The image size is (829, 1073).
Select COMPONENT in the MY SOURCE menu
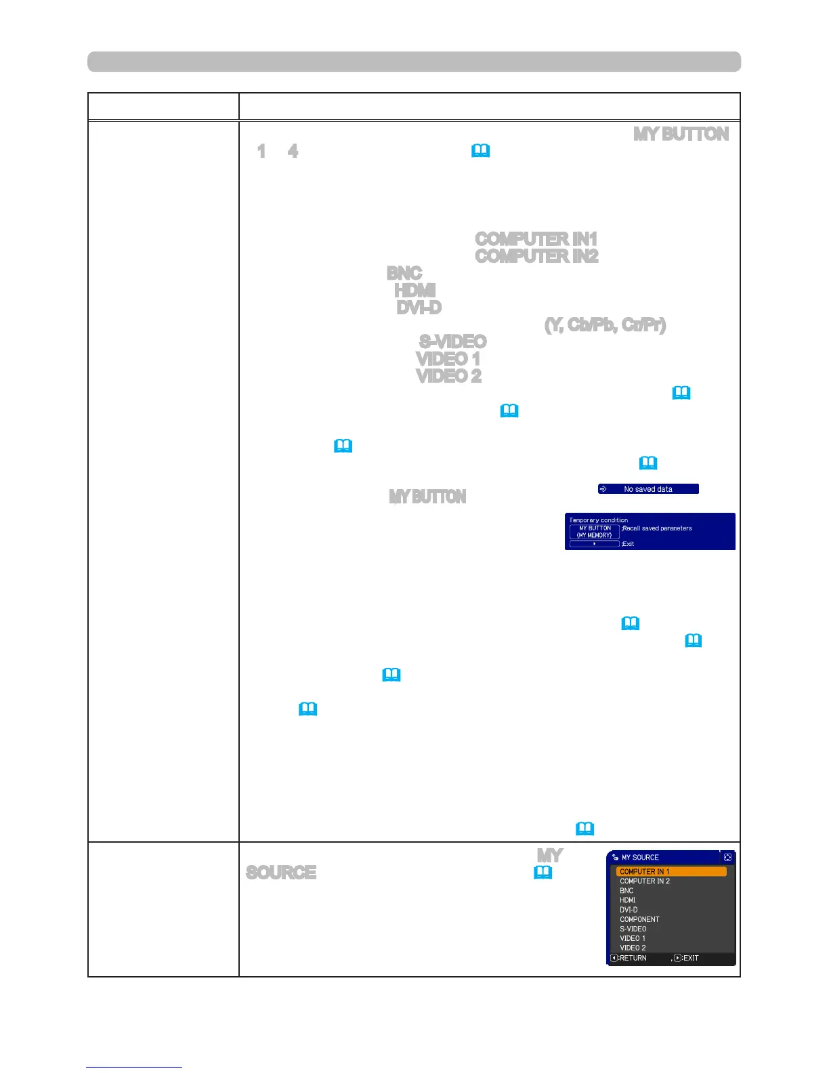pyautogui.click(x=639, y=919)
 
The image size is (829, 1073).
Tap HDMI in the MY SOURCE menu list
pyautogui.click(x=628, y=900)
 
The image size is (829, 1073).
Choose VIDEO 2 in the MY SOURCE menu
pyautogui.click(x=633, y=948)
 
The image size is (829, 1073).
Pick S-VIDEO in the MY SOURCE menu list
pyautogui.click(x=633, y=929)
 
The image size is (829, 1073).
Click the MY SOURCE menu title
pyautogui.click(x=640, y=858)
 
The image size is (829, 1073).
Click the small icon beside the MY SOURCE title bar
pyautogui.click(x=727, y=858)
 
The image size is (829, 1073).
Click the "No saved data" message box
pyautogui.click(x=647, y=489)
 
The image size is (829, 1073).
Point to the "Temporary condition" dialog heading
pyautogui.click(x=599, y=520)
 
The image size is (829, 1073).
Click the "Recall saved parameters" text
pyautogui.click(x=657, y=528)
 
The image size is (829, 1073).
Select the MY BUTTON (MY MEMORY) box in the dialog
pyautogui.click(x=594, y=532)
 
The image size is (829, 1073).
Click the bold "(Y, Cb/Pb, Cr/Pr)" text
pyautogui.click(x=605, y=325)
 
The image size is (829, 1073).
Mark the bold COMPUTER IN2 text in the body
pyautogui.click(x=536, y=256)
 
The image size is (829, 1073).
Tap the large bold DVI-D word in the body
pyautogui.click(x=419, y=308)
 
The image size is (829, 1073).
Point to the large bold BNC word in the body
pyautogui.click(x=404, y=273)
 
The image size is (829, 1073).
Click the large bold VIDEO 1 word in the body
pyautogui.click(x=448, y=358)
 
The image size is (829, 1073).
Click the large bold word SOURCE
pyautogui.click(x=281, y=872)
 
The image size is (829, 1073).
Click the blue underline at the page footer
pyautogui.click(x=134, y=1068)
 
